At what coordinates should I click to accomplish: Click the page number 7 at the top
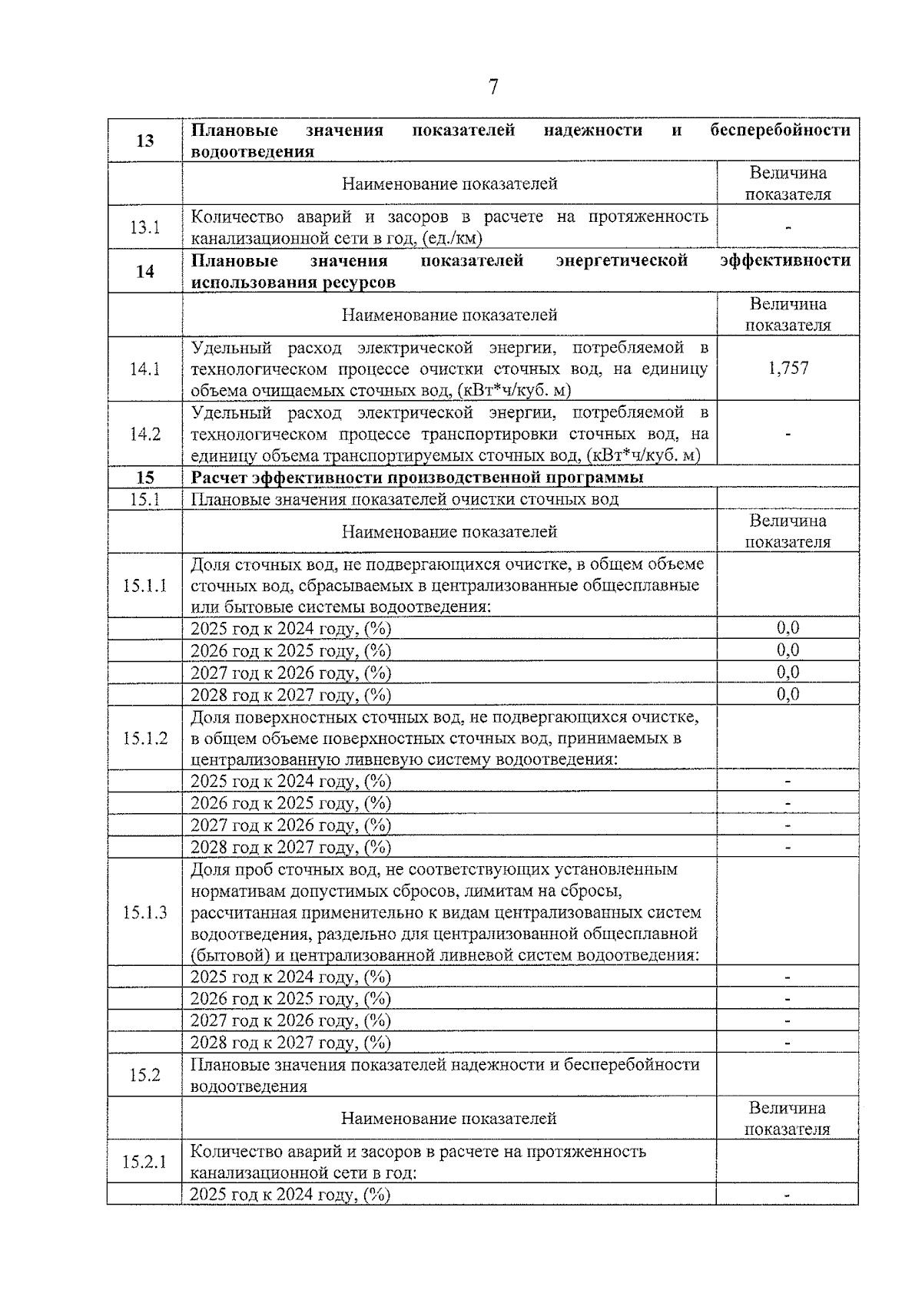pos(493,87)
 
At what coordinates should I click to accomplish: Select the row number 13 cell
pos(144,141)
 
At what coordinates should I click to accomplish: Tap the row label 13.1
pos(144,227)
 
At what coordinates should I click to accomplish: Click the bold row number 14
pos(144,271)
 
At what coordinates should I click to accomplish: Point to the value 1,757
pos(788,369)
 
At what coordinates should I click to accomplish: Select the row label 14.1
pos(144,369)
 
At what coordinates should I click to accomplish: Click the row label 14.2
pos(144,434)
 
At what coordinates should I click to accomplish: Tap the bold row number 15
pos(144,478)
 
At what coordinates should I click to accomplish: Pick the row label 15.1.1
pos(144,586)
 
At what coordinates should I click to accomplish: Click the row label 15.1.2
pos(144,739)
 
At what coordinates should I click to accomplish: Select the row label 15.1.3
pos(144,913)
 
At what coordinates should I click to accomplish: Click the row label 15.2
pos(144,1075)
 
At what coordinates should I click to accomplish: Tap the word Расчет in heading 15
pos(218,478)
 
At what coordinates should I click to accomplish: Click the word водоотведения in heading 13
pos(252,152)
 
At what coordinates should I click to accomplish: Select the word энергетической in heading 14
pos(621,261)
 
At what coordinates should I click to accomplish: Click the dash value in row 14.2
pos(788,435)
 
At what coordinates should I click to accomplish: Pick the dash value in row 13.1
pos(788,228)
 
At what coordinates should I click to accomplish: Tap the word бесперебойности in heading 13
pos(779,131)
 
